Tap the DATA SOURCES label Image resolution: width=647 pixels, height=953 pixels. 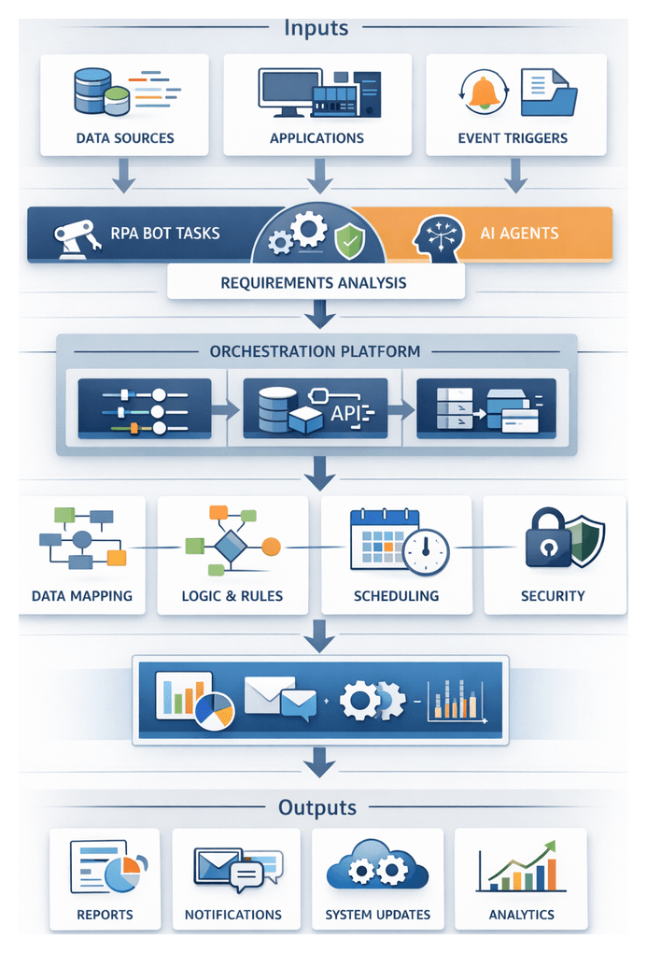125,138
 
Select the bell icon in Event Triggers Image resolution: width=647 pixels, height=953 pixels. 482,93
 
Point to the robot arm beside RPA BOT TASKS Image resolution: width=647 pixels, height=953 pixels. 77,234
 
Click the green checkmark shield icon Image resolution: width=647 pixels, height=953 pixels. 350,240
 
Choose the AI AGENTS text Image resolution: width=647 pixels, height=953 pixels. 519,234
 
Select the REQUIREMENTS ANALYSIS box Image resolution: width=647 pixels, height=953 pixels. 314,281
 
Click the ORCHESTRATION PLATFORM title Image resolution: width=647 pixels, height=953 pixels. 315,351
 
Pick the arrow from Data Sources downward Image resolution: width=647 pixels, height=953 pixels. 124,175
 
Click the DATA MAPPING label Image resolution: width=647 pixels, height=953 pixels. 82,595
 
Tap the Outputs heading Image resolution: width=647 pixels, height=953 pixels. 317,807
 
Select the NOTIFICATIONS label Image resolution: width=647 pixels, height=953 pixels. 232,915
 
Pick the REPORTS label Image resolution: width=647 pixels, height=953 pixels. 105,915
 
